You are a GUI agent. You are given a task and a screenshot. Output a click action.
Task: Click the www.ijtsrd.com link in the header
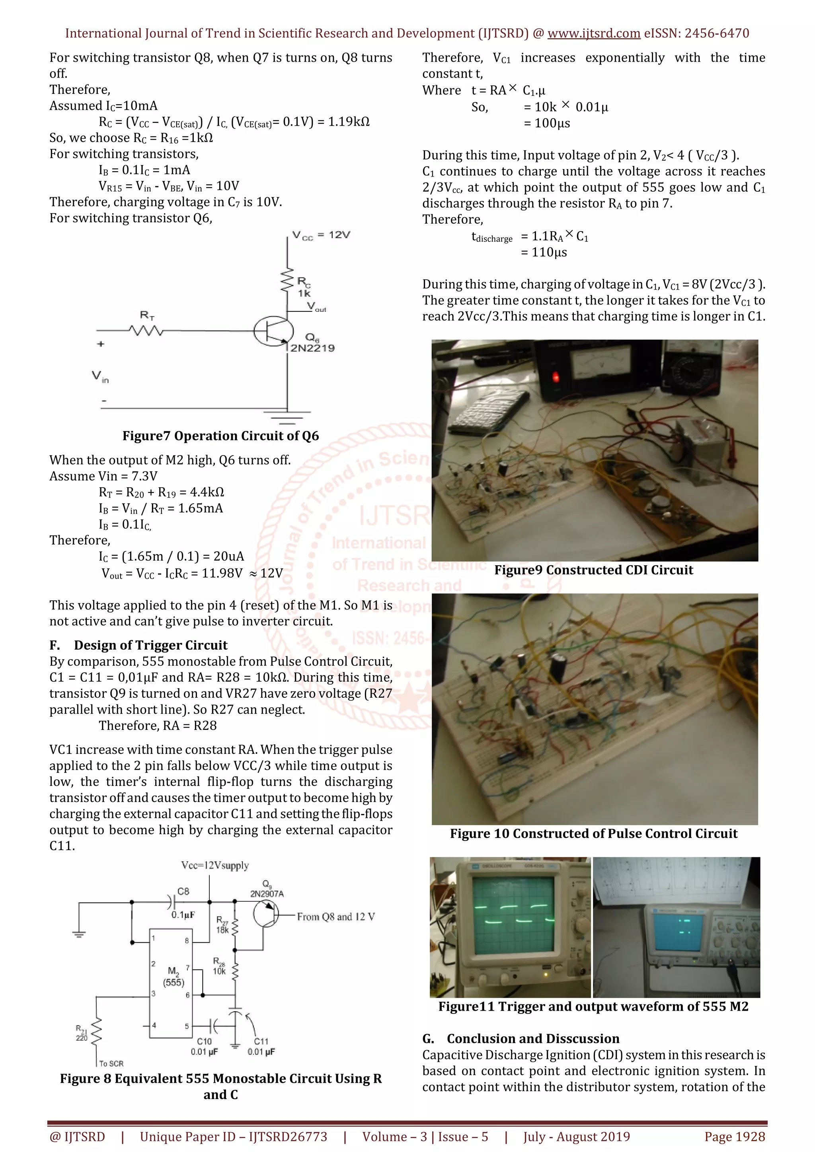(x=593, y=34)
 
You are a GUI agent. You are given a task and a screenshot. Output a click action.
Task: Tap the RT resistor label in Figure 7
(x=147, y=315)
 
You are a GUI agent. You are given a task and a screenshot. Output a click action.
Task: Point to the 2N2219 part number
(x=312, y=348)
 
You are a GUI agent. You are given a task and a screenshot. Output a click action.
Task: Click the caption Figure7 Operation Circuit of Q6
(x=220, y=436)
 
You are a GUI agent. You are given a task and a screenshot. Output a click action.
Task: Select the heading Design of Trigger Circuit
(x=150, y=645)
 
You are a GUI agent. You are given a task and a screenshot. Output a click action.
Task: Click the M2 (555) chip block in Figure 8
(x=171, y=984)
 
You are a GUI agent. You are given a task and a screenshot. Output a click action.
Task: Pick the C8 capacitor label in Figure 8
(x=183, y=891)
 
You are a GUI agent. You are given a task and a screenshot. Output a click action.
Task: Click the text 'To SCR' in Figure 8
(x=111, y=1063)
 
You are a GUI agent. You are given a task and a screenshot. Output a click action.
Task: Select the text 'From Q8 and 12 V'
(x=335, y=917)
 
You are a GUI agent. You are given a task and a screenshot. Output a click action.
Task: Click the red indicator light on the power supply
(x=556, y=376)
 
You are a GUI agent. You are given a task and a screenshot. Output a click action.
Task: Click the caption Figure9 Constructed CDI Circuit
(x=593, y=570)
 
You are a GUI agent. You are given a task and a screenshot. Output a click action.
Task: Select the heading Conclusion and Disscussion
(x=533, y=1038)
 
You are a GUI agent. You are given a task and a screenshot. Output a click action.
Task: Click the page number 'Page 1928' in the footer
(x=734, y=1136)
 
